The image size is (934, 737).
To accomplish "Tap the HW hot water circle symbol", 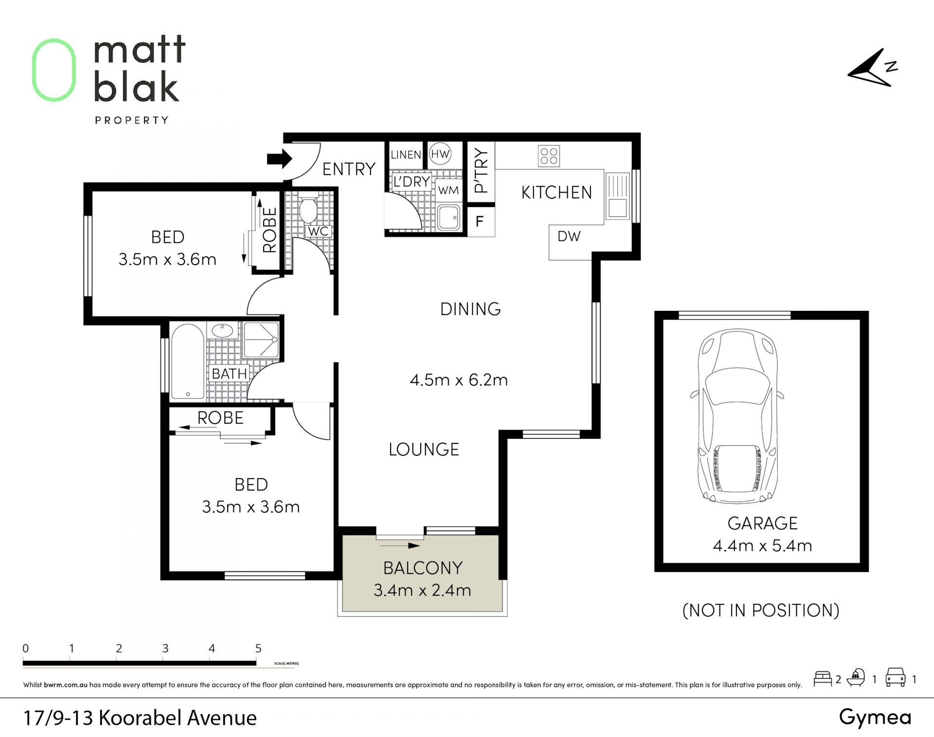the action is (x=440, y=154).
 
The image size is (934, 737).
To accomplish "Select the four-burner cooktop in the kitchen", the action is (x=549, y=156).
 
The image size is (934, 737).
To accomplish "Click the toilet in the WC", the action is (x=308, y=208).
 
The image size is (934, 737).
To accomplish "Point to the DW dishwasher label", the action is (x=569, y=236).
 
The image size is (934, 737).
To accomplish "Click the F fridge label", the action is (x=480, y=222).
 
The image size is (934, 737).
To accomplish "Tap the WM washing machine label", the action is (x=448, y=191).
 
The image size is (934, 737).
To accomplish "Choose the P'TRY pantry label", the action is (x=481, y=170).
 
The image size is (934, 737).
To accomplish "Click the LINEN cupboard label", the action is (x=406, y=155).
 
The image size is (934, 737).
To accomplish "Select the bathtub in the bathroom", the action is (x=187, y=361).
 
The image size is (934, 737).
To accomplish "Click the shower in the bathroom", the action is (x=261, y=340).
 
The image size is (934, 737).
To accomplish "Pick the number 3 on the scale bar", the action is (x=165, y=648).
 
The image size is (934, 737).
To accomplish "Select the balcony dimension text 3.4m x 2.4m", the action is (x=422, y=590).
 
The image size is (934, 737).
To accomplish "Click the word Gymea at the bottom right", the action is (x=875, y=718).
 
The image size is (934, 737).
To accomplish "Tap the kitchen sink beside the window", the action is (x=617, y=197).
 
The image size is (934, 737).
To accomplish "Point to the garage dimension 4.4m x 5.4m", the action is (x=762, y=545).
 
